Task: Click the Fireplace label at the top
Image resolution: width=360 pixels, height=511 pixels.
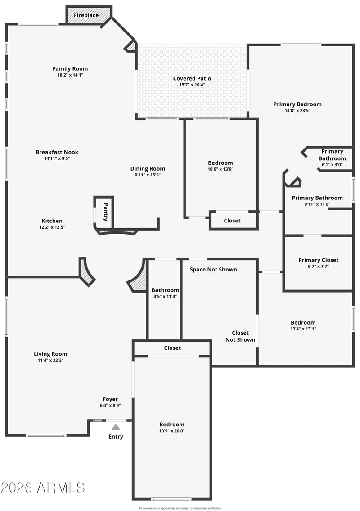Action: [86, 15]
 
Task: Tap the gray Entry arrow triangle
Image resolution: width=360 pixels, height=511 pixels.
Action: [116, 427]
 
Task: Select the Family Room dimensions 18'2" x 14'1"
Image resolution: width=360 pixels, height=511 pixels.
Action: [70, 75]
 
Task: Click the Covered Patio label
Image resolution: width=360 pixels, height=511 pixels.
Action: [192, 78]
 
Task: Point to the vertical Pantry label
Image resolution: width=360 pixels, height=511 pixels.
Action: [106, 212]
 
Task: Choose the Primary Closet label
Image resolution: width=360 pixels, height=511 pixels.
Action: [318, 260]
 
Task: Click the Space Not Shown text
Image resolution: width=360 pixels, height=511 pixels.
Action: [213, 270]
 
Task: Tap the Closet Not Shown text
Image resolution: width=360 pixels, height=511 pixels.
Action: [240, 336]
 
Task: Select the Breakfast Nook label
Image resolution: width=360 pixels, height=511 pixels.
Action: [57, 152]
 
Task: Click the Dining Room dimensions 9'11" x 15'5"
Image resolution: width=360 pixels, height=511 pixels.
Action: [148, 175]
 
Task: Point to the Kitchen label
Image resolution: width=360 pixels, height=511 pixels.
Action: [52, 221]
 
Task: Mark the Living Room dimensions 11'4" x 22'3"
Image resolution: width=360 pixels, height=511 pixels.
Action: [50, 361]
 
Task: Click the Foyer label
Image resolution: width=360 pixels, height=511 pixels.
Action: [110, 399]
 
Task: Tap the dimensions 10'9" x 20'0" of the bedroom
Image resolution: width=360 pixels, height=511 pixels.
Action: [172, 431]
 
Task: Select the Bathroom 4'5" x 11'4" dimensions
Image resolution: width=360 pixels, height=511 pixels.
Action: [165, 297]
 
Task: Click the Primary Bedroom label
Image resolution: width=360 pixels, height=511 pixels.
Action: [297, 104]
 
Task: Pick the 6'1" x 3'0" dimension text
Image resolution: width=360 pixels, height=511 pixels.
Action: [332, 165]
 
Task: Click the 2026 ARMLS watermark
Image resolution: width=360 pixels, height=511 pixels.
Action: [43, 488]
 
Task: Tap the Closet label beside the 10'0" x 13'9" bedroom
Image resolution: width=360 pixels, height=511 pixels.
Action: [232, 221]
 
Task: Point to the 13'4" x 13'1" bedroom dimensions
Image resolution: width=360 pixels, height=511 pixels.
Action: [303, 329]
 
